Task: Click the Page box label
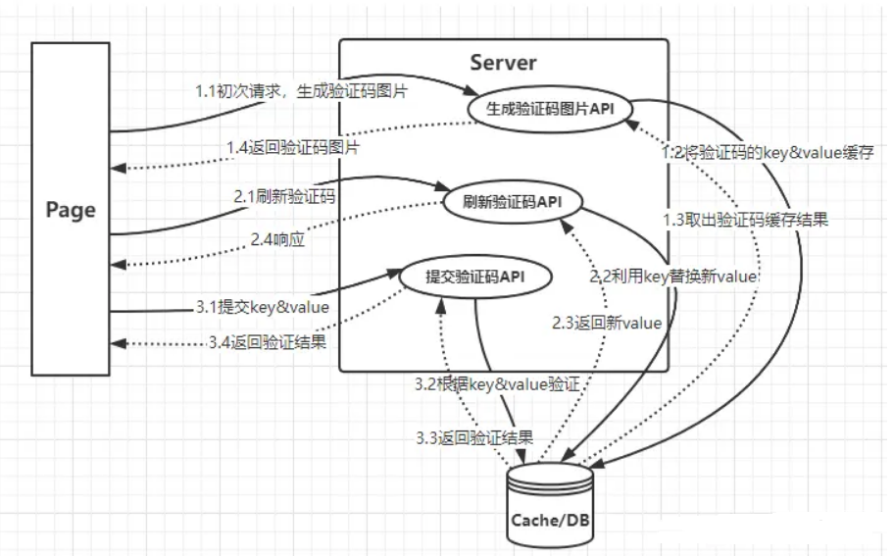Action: [71, 209]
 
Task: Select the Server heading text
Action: [503, 62]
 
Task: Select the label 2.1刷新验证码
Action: [284, 196]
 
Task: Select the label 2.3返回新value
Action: [608, 323]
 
